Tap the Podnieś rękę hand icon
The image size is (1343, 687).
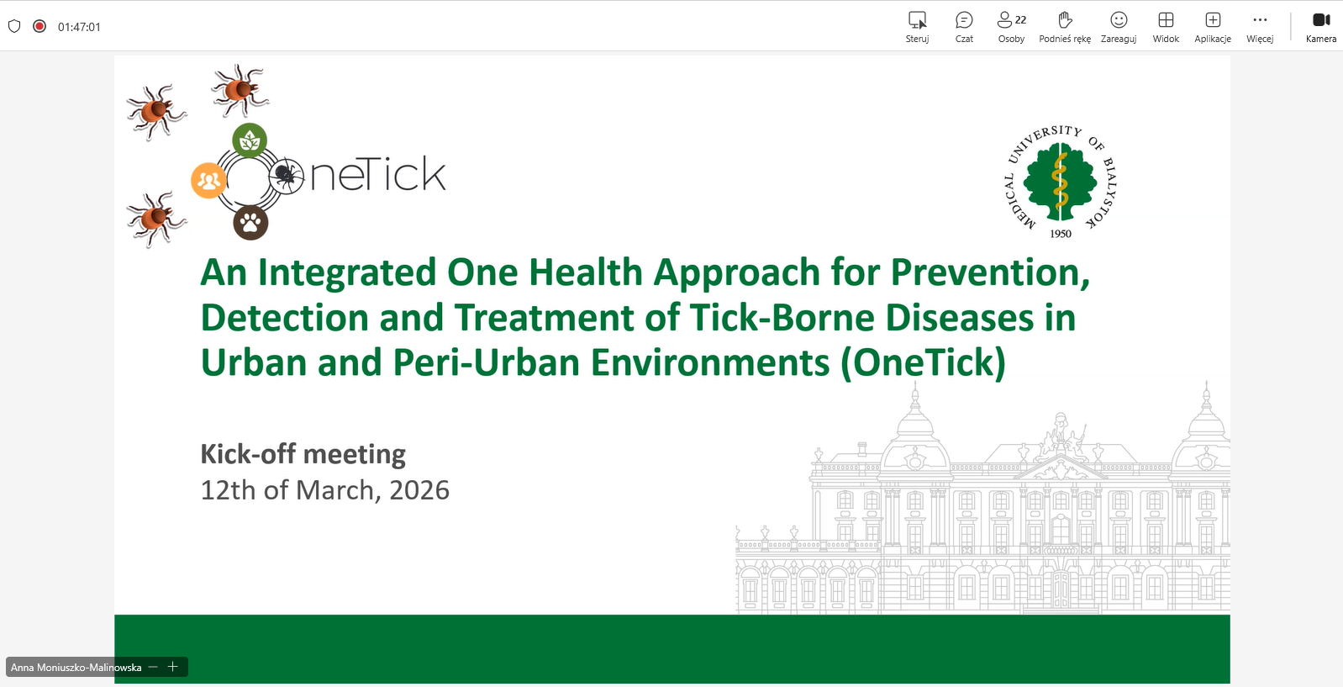(1065, 20)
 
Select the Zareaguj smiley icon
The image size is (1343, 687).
(1118, 20)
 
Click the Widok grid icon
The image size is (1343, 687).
(1166, 20)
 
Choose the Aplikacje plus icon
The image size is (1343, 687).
(1212, 20)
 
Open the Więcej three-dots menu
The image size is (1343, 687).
(1260, 20)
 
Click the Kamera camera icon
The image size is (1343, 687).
(1321, 20)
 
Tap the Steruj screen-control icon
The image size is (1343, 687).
(917, 20)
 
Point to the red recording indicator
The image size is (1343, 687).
(39, 26)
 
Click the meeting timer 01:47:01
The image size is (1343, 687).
(79, 27)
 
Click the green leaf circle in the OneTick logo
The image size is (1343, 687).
(250, 141)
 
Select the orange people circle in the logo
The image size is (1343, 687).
(208, 180)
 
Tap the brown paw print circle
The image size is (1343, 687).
(250, 223)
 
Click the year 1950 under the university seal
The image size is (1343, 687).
(1060, 234)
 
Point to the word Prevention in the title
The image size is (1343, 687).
(990, 272)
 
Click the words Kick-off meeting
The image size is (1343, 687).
(303, 454)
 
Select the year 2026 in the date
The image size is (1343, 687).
(419, 490)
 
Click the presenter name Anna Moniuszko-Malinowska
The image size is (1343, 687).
(76, 667)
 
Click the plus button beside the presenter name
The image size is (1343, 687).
(172, 667)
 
